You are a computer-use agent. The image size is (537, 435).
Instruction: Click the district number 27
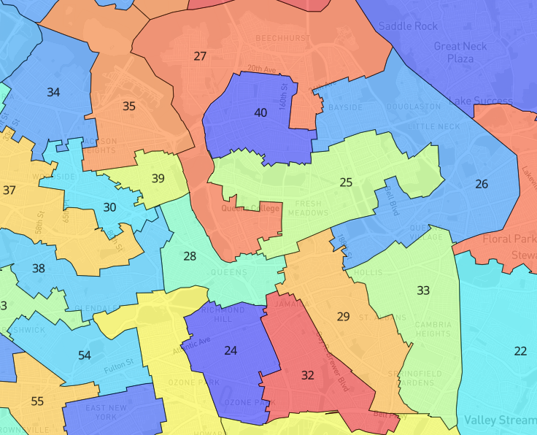pos(200,56)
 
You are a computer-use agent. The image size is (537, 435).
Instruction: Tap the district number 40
pos(260,112)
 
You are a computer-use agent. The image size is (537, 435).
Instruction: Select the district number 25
pos(346,182)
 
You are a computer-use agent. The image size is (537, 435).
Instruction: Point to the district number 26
pos(482,184)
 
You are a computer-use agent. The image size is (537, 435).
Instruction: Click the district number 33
pos(423,290)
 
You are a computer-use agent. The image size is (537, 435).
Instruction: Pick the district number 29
pos(343,316)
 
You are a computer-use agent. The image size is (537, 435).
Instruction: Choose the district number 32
pos(308,375)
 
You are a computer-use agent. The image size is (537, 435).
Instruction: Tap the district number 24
pos(231,351)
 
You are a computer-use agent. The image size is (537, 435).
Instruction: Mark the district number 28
pos(190,256)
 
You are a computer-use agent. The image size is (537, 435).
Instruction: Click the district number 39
pos(158,179)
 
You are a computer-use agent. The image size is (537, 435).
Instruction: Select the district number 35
pos(129,107)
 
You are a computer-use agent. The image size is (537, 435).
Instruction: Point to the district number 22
pos(520,351)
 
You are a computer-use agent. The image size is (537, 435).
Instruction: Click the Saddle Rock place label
pos(408,26)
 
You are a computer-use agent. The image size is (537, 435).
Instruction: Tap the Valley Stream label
pos(499,421)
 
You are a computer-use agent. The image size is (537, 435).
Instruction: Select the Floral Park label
pos(505,239)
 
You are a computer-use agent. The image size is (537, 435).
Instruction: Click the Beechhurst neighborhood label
pos(282,38)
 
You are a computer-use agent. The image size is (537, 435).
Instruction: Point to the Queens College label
pos(250,209)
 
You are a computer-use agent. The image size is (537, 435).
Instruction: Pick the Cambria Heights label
pos(433,329)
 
